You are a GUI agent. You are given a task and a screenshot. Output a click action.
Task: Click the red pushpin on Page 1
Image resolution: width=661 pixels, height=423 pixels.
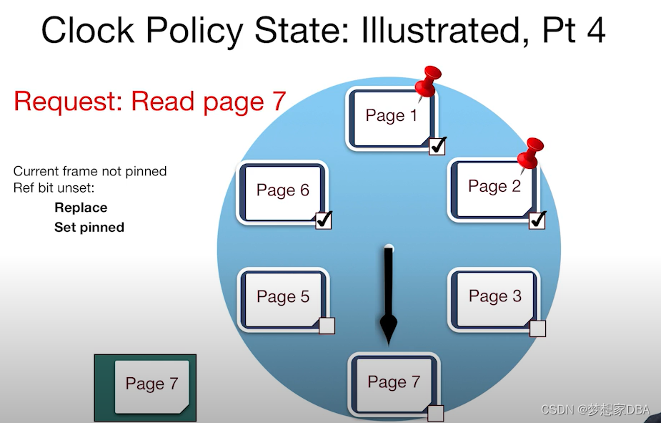(429, 81)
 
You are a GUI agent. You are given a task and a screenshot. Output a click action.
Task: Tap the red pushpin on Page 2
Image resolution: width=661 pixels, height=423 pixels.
(531, 153)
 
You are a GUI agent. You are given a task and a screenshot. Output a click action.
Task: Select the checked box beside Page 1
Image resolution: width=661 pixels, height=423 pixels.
(437, 145)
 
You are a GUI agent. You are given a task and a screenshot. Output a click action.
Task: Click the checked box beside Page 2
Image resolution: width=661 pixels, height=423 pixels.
(537, 220)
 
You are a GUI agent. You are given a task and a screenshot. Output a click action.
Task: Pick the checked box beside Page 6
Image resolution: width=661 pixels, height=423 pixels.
(324, 220)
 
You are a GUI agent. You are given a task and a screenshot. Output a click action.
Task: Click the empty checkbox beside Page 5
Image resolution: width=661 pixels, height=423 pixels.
(327, 326)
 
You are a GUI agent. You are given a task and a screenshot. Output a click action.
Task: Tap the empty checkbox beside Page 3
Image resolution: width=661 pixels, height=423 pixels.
(538, 328)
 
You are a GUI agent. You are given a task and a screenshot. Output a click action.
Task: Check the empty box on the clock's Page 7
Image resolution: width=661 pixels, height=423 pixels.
(435, 413)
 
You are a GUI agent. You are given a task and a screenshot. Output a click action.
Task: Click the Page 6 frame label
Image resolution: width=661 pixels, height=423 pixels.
(283, 190)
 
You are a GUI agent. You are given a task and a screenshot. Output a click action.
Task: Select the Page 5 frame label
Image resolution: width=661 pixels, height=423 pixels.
(283, 297)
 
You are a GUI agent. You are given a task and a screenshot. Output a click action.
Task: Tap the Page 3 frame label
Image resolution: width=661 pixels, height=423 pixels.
(495, 296)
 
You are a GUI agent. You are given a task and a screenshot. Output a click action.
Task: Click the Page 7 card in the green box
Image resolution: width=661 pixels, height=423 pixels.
(151, 384)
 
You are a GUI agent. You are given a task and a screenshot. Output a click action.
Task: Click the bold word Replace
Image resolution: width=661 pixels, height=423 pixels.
(81, 208)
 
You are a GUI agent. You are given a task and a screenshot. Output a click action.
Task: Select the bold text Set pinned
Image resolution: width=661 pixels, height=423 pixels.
(89, 227)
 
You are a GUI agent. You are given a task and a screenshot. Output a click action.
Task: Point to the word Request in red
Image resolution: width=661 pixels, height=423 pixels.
(68, 102)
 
